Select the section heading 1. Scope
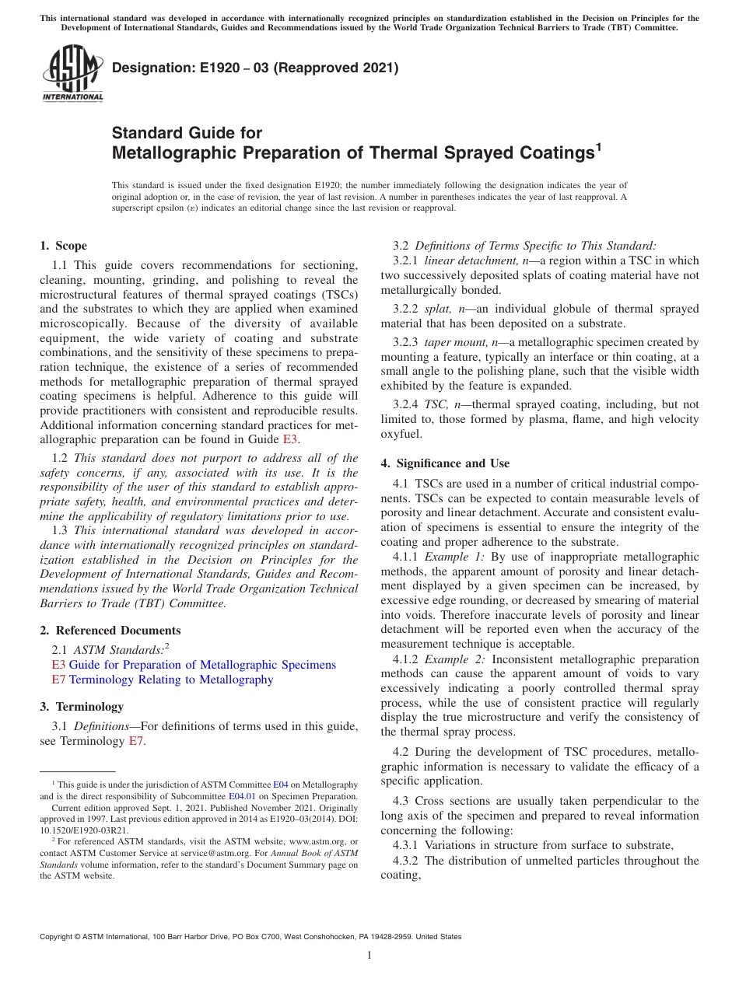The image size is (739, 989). (63, 246)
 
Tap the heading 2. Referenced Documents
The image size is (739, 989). (110, 631)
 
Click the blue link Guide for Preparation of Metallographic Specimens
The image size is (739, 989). (202, 665)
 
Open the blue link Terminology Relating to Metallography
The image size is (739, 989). (171, 680)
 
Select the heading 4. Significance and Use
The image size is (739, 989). (445, 463)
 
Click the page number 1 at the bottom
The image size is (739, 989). (369, 956)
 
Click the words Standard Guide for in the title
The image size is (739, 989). (187, 133)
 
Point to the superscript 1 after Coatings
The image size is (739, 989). (598, 145)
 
